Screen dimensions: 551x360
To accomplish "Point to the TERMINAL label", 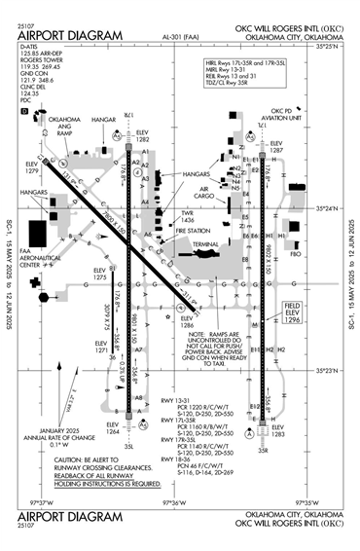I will [205, 243].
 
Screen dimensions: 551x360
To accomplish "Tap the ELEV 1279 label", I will [30, 168].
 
